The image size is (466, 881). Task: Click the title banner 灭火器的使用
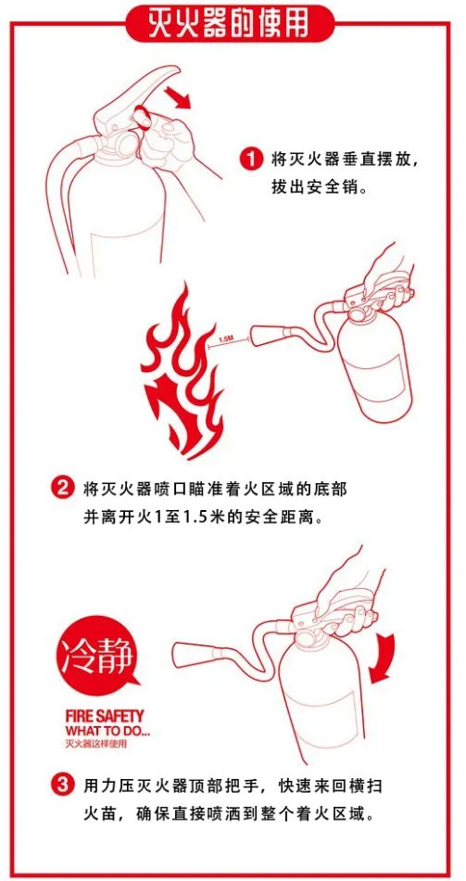click(232, 23)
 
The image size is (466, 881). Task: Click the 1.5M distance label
click(224, 338)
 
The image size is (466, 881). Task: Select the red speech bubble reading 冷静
click(97, 655)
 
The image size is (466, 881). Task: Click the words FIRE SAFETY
click(105, 716)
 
